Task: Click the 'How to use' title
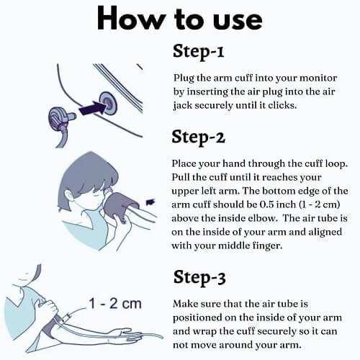point(179,19)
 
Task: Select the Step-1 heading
point(198,51)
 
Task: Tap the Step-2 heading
point(198,137)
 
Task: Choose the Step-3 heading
point(199,277)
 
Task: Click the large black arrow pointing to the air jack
point(92,109)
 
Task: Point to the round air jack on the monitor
point(108,102)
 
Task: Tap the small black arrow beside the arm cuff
point(150,202)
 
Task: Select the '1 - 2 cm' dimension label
point(115,303)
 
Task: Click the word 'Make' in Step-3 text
point(184,304)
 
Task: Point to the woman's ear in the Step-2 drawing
point(70,194)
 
